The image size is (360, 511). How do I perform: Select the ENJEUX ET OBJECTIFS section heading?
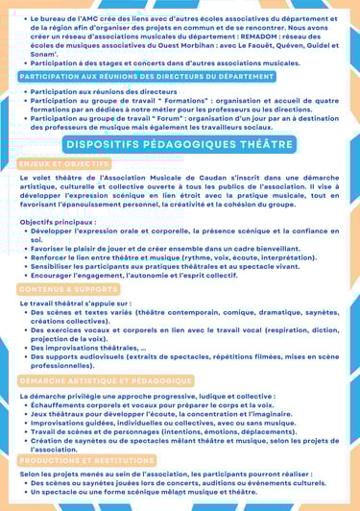63,164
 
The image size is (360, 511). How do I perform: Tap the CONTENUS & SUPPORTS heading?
67,288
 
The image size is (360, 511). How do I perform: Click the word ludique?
217,396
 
